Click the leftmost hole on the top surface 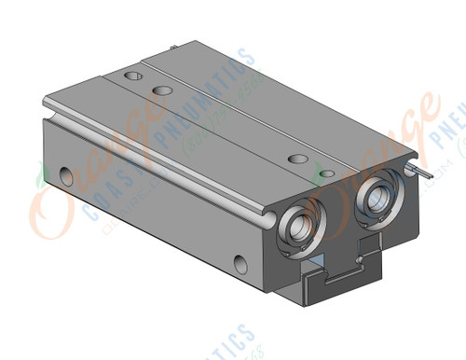(128, 72)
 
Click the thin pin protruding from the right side (425, 173)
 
